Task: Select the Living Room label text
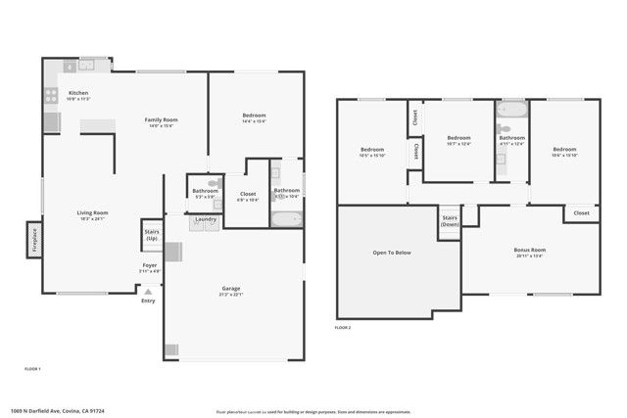pyautogui.click(x=93, y=214)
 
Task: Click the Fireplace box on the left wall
pyautogui.click(x=32, y=240)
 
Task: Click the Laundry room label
pyautogui.click(x=205, y=219)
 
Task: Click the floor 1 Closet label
pyautogui.click(x=248, y=195)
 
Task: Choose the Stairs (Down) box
pyautogui.click(x=450, y=221)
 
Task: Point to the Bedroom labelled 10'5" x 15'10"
pyautogui.click(x=372, y=152)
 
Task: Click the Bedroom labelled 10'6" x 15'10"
pyautogui.click(x=565, y=152)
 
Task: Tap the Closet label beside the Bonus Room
pyautogui.click(x=581, y=212)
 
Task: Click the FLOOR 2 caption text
pyautogui.click(x=343, y=327)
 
